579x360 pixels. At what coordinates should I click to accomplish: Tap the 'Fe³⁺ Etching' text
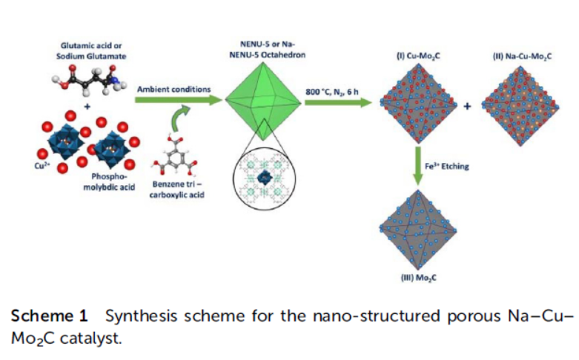[x=449, y=167]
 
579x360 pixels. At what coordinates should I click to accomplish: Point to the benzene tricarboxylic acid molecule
[x=176, y=156]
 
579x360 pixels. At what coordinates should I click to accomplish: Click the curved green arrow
[x=182, y=119]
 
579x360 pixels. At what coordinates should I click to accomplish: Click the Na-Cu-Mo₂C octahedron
[x=517, y=105]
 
